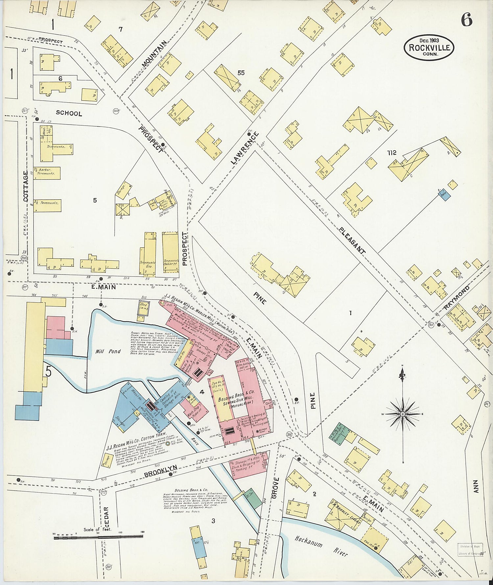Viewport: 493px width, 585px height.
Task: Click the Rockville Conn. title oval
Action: click(429, 47)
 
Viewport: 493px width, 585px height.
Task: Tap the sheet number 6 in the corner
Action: click(466, 20)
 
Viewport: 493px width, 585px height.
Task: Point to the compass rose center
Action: click(403, 414)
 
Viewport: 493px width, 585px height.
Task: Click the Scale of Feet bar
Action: click(99, 538)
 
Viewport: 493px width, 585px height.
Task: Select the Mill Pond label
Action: click(108, 352)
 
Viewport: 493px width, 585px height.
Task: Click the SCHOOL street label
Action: click(69, 113)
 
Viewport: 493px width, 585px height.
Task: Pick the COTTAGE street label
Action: click(26, 186)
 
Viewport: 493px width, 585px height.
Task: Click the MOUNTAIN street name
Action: click(154, 54)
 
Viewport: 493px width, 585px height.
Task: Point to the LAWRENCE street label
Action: click(245, 148)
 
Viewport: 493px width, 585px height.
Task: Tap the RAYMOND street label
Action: click(457, 297)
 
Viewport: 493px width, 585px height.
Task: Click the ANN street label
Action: click(475, 486)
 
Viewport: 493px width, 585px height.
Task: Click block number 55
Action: click(241, 73)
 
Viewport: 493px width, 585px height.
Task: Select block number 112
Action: click(392, 153)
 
